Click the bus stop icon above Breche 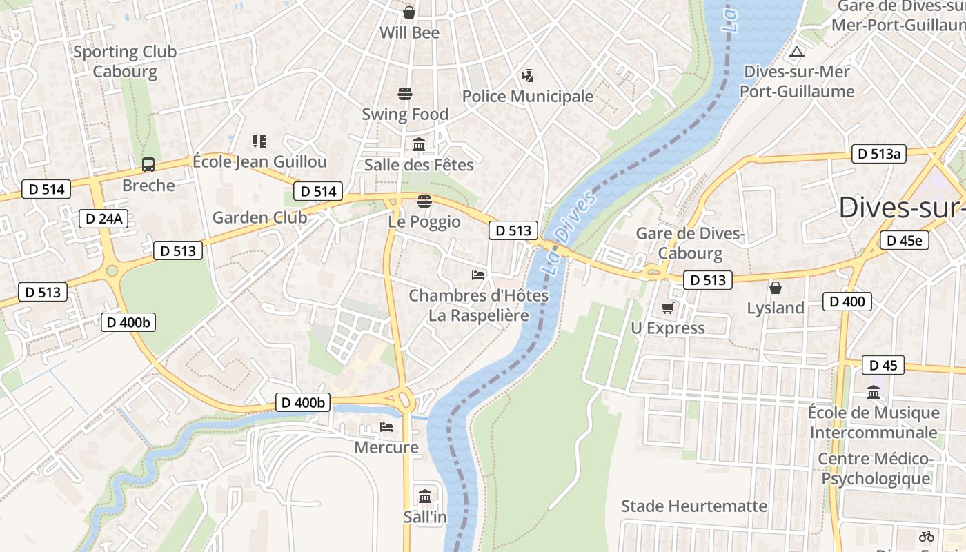(148, 165)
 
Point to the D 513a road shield (878, 154)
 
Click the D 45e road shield (904, 240)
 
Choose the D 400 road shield (847, 301)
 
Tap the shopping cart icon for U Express (667, 308)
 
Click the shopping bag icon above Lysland (776, 287)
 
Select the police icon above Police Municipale (528, 75)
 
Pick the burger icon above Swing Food (405, 93)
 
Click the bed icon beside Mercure (386, 427)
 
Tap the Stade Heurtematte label (693, 506)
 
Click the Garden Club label (259, 218)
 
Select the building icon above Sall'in (425, 496)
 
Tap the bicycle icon (926, 535)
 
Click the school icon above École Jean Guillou (259, 141)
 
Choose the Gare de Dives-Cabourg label (690, 243)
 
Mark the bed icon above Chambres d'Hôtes (478, 275)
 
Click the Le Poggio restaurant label (424, 221)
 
